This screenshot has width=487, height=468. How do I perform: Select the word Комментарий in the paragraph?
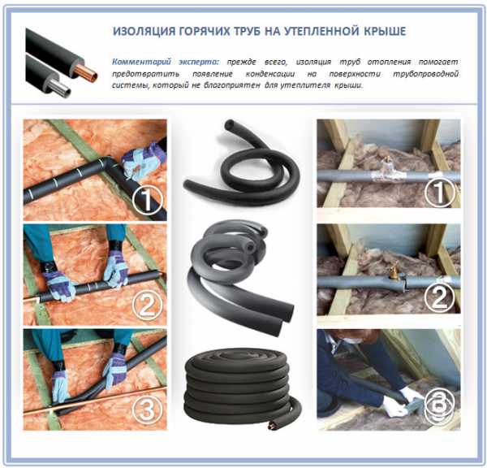pos(141,63)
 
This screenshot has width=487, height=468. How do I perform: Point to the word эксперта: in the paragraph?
pos(199,63)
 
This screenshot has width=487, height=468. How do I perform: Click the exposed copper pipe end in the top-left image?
pos(90,75)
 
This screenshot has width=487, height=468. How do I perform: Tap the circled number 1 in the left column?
pos(148,199)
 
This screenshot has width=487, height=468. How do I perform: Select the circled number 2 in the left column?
pos(148,305)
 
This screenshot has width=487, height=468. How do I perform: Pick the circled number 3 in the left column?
pos(148,409)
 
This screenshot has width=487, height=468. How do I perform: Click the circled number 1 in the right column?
pos(439,191)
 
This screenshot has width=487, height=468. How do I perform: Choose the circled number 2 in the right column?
pos(439,297)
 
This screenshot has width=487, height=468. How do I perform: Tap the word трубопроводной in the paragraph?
pos(425,74)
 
